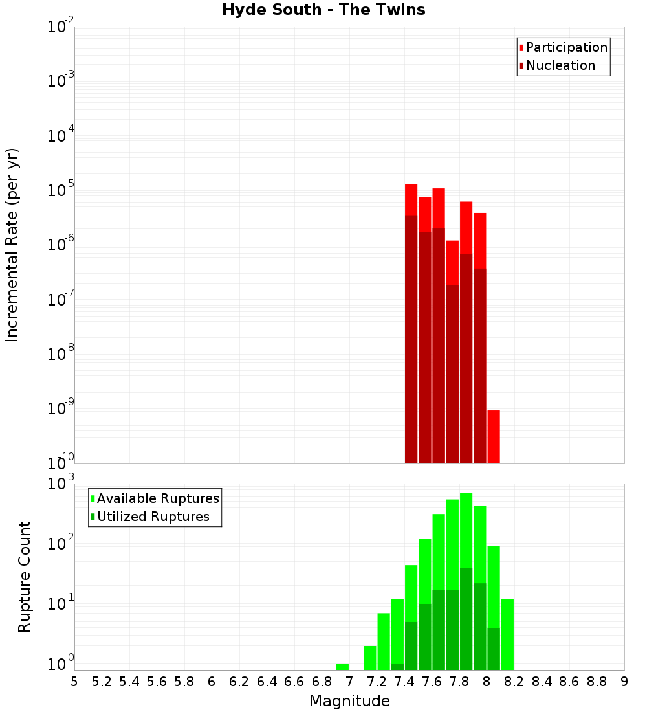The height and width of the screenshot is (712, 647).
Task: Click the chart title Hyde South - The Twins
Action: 323,10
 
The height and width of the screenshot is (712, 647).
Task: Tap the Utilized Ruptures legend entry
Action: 153,517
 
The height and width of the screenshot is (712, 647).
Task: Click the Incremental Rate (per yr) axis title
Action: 12,245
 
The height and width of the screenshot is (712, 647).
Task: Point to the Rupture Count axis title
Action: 25,577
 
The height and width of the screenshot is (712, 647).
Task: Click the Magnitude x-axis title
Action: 349,701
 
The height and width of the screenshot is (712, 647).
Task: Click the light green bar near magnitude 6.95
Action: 342,667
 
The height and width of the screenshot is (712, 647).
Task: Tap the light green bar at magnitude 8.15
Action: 507,634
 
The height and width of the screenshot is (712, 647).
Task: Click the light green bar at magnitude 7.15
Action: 370,658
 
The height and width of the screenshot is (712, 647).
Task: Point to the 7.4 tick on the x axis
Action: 404,682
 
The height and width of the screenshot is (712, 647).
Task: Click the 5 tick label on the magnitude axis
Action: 74,682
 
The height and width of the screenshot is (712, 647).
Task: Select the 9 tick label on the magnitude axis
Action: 624,682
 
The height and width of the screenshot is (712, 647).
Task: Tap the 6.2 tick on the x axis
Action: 239,682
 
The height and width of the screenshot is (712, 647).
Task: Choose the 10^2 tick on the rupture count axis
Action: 61,544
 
